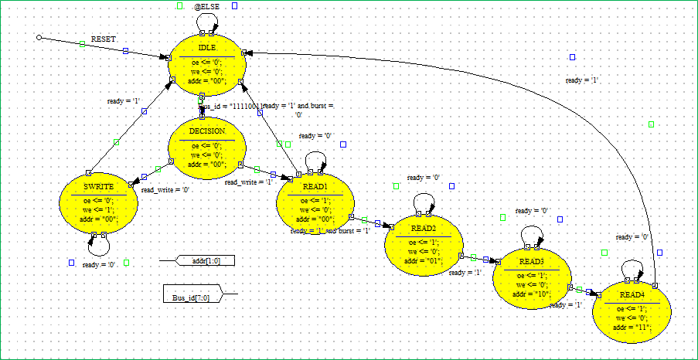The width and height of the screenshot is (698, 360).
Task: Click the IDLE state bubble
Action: point(207,65)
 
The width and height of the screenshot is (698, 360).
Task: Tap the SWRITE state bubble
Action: point(98,203)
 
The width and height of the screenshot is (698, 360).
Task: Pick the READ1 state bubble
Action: point(315,203)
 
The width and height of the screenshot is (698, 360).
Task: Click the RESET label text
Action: point(104,39)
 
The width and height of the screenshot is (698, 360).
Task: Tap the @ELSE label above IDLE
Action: point(207,6)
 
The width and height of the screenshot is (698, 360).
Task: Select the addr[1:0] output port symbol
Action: point(205,261)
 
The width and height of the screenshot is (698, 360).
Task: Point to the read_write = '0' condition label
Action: point(165,189)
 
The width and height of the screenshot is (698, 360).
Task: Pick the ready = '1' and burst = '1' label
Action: point(330,231)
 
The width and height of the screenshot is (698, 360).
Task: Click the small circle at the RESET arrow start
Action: point(39,37)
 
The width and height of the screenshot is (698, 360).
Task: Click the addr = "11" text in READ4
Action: point(632,328)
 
